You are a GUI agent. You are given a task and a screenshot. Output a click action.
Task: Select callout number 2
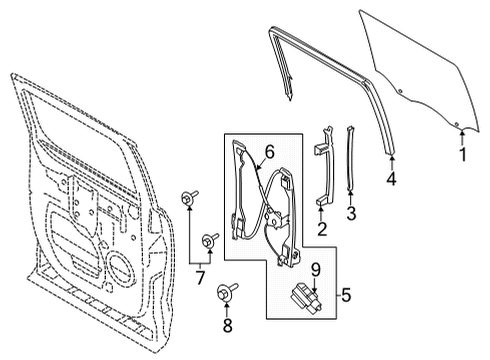(322, 230)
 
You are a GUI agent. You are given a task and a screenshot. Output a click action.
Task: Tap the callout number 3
(350, 213)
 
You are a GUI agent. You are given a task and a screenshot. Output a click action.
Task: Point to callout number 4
(392, 180)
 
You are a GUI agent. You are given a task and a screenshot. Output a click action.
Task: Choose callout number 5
(345, 296)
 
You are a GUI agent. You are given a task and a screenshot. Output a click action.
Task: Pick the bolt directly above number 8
(224, 293)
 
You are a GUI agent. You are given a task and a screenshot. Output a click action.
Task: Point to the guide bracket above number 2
(323, 170)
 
